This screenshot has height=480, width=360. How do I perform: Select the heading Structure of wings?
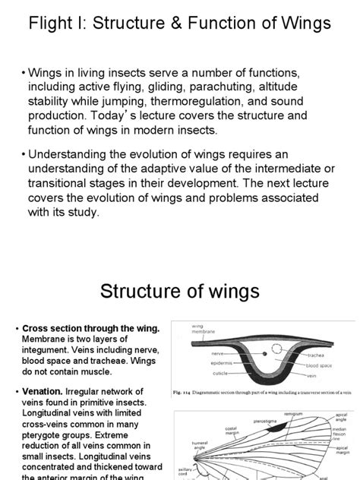(180, 292)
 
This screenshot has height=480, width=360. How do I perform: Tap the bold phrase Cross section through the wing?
(91, 327)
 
